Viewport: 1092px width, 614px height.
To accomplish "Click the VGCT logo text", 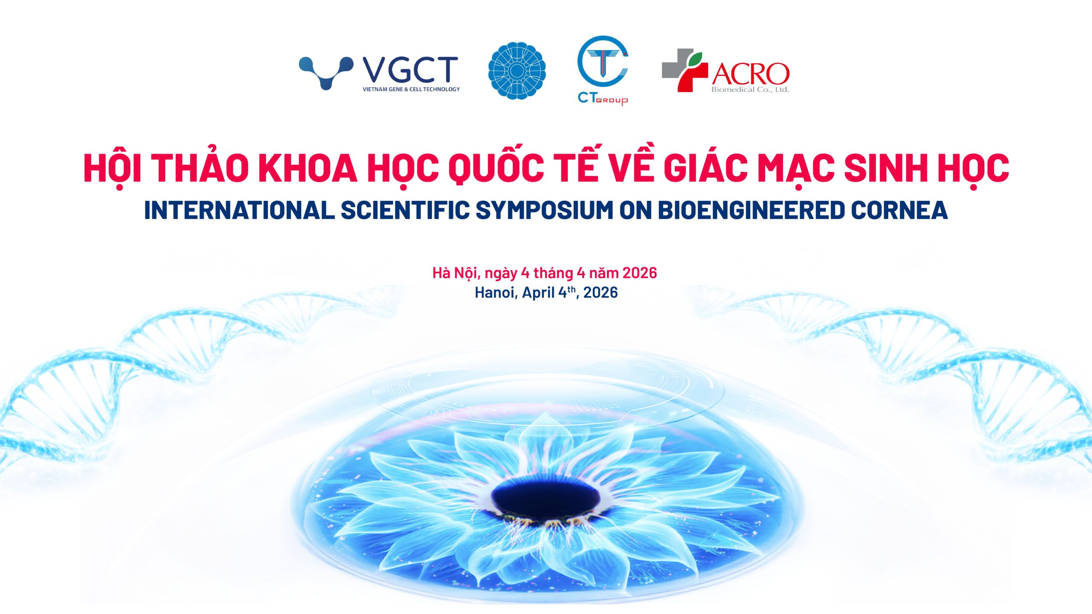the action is point(410,70).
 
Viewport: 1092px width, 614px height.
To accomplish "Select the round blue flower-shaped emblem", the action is point(517,71).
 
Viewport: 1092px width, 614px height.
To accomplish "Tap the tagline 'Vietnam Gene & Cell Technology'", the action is point(411,89).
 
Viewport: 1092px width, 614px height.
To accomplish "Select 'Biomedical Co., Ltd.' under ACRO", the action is point(750,90).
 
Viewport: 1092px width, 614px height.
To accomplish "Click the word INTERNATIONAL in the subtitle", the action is point(239,210).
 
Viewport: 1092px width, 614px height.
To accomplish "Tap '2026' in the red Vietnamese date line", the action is point(639,273).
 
